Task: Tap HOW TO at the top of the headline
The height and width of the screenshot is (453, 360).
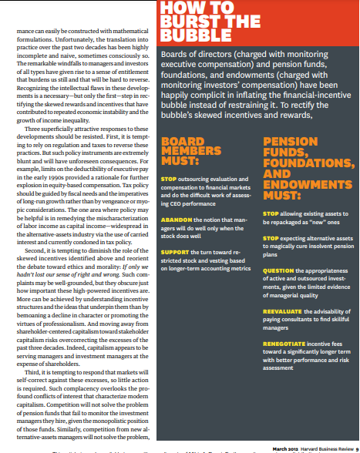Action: pos(189,8)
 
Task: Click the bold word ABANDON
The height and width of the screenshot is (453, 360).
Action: pos(175,217)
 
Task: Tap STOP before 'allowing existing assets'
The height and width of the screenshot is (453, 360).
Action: pos(271,212)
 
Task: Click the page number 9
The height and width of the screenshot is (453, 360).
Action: pos(355,448)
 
